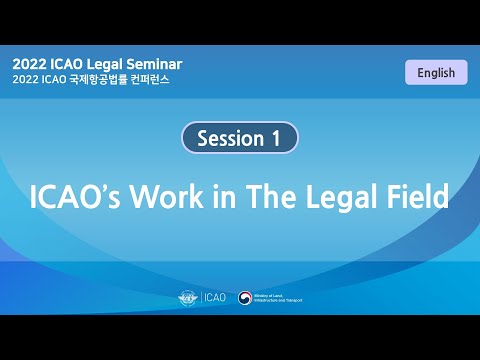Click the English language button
(x=436, y=72)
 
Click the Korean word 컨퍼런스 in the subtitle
(x=152, y=80)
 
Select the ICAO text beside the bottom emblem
(x=215, y=297)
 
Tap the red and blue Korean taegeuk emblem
(x=245, y=297)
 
